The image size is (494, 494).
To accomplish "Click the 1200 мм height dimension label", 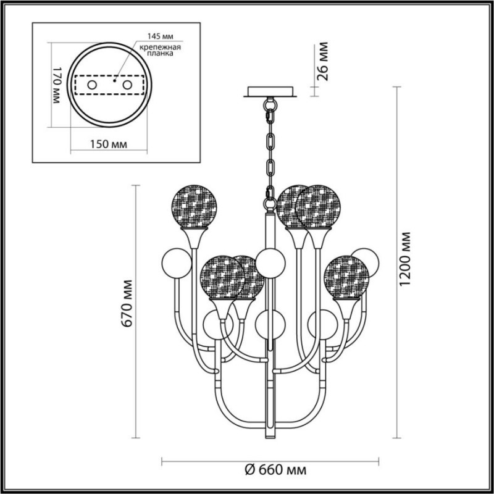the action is point(405,259).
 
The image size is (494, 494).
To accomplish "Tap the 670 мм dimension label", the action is point(127,303).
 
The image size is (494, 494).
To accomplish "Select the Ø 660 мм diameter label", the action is point(275,470).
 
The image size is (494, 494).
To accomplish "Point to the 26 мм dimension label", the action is point(322,61).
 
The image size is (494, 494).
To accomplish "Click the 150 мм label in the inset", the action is point(109,144).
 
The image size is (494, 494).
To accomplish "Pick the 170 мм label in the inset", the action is point(56,85).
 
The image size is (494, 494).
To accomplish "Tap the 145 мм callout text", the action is point(161,36).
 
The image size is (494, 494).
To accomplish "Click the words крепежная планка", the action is point(161,50).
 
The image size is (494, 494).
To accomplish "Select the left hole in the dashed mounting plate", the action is point(92,85).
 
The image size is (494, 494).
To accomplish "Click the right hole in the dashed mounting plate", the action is point(127,85).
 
